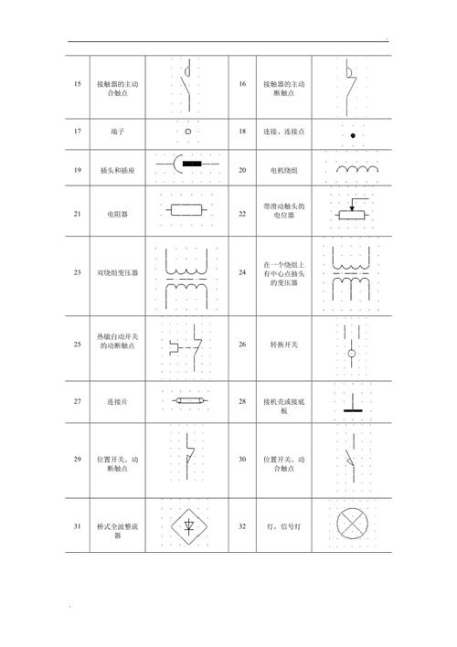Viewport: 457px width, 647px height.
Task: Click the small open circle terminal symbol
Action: point(188,132)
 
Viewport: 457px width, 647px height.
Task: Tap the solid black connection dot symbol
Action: point(351,135)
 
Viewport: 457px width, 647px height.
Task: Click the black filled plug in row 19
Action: point(192,165)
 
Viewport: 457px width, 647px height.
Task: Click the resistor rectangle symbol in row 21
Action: point(188,210)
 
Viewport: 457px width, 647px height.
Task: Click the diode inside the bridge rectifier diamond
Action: point(188,526)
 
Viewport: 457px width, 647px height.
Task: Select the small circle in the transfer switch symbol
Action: point(351,351)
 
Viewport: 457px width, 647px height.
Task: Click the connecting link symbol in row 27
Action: point(188,400)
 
